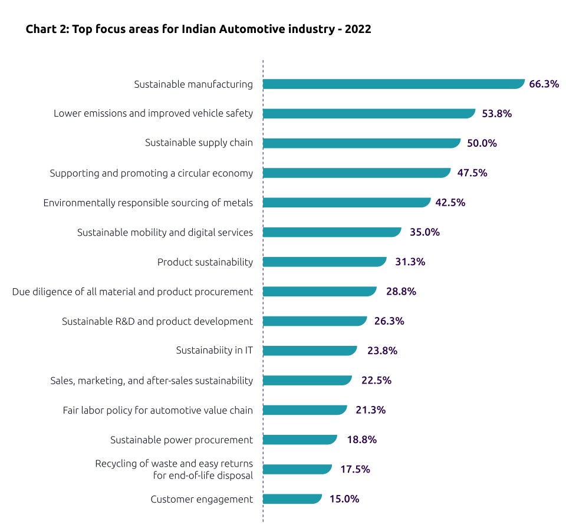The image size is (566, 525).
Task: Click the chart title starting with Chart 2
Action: click(198, 29)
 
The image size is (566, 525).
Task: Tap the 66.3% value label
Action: click(544, 84)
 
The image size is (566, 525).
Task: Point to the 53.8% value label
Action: click(496, 114)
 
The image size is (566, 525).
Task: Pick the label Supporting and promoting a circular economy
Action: click(151, 173)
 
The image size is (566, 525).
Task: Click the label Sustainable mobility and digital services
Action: click(165, 232)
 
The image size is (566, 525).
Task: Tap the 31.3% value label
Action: click(410, 262)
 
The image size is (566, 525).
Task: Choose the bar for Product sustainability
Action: click(324, 262)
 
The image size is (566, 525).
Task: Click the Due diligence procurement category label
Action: click(133, 292)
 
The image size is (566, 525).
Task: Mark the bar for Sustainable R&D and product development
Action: click(314, 321)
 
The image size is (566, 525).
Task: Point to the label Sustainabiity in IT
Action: click(214, 351)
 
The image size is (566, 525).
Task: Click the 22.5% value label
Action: click(376, 381)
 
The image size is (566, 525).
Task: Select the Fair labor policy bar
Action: click(304, 410)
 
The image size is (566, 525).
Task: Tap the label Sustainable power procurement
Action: click(182, 440)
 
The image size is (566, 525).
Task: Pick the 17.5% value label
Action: click(355, 470)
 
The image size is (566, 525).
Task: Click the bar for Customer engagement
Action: click(292, 499)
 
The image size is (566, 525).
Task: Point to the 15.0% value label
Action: click(344, 499)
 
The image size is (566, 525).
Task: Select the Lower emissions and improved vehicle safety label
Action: click(153, 114)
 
